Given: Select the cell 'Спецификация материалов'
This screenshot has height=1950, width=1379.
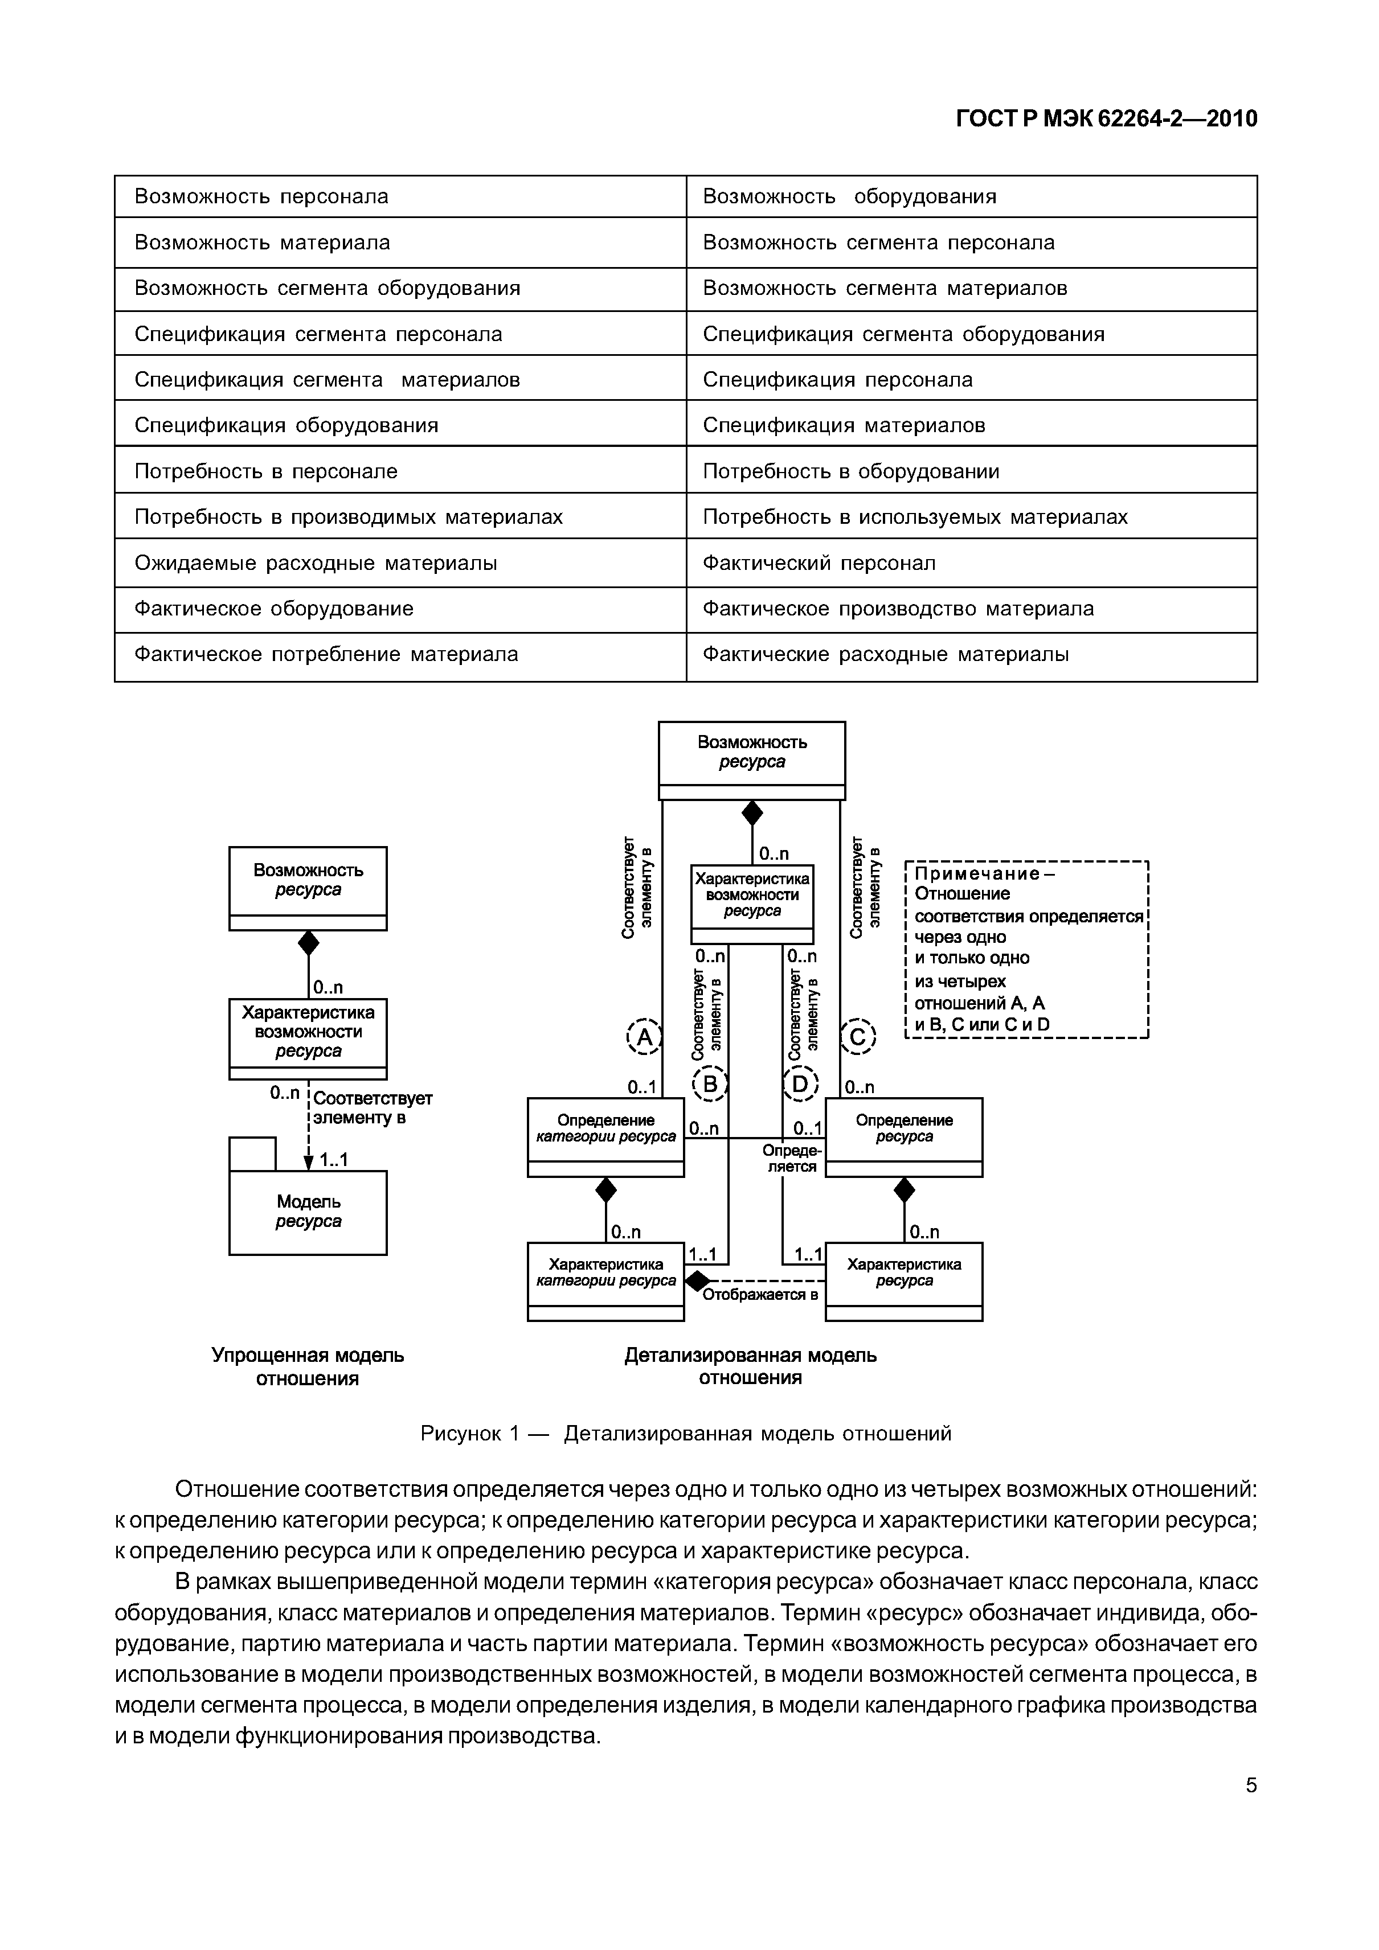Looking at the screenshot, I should [971, 425].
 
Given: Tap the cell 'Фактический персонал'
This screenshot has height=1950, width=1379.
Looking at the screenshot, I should [971, 563].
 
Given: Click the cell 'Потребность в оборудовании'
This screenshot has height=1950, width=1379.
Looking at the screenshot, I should [971, 471].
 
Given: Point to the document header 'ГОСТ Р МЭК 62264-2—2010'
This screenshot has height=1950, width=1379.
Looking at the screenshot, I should [1106, 119].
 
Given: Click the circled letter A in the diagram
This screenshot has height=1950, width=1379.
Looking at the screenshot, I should [643, 1037].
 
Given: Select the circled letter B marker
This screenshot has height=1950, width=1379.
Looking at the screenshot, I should [710, 1083].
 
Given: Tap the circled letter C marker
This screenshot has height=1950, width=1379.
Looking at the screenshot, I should [858, 1037].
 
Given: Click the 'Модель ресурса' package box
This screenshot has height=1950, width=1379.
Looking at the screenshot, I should [308, 1212].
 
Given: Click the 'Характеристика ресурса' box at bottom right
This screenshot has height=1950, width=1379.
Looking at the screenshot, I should [903, 1281].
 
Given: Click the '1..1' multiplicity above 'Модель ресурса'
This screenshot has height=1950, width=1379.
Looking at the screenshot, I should [333, 1159].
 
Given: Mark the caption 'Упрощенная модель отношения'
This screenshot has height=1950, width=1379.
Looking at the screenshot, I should [308, 1366].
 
